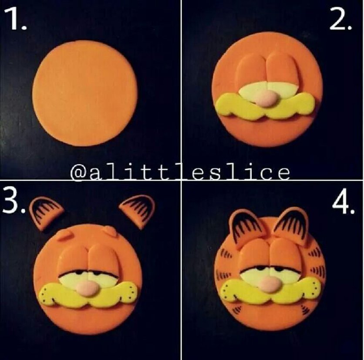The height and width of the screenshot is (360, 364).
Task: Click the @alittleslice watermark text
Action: [x=180, y=173]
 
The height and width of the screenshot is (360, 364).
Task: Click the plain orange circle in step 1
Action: [x=85, y=93]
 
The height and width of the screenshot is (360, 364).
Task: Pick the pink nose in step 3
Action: [x=87, y=289]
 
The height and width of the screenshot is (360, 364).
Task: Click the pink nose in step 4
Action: [x=269, y=284]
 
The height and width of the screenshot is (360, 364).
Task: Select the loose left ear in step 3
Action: [x=46, y=213]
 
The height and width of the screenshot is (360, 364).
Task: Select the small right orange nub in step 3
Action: [x=109, y=231]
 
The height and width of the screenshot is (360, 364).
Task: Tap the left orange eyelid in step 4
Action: [x=255, y=255]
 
